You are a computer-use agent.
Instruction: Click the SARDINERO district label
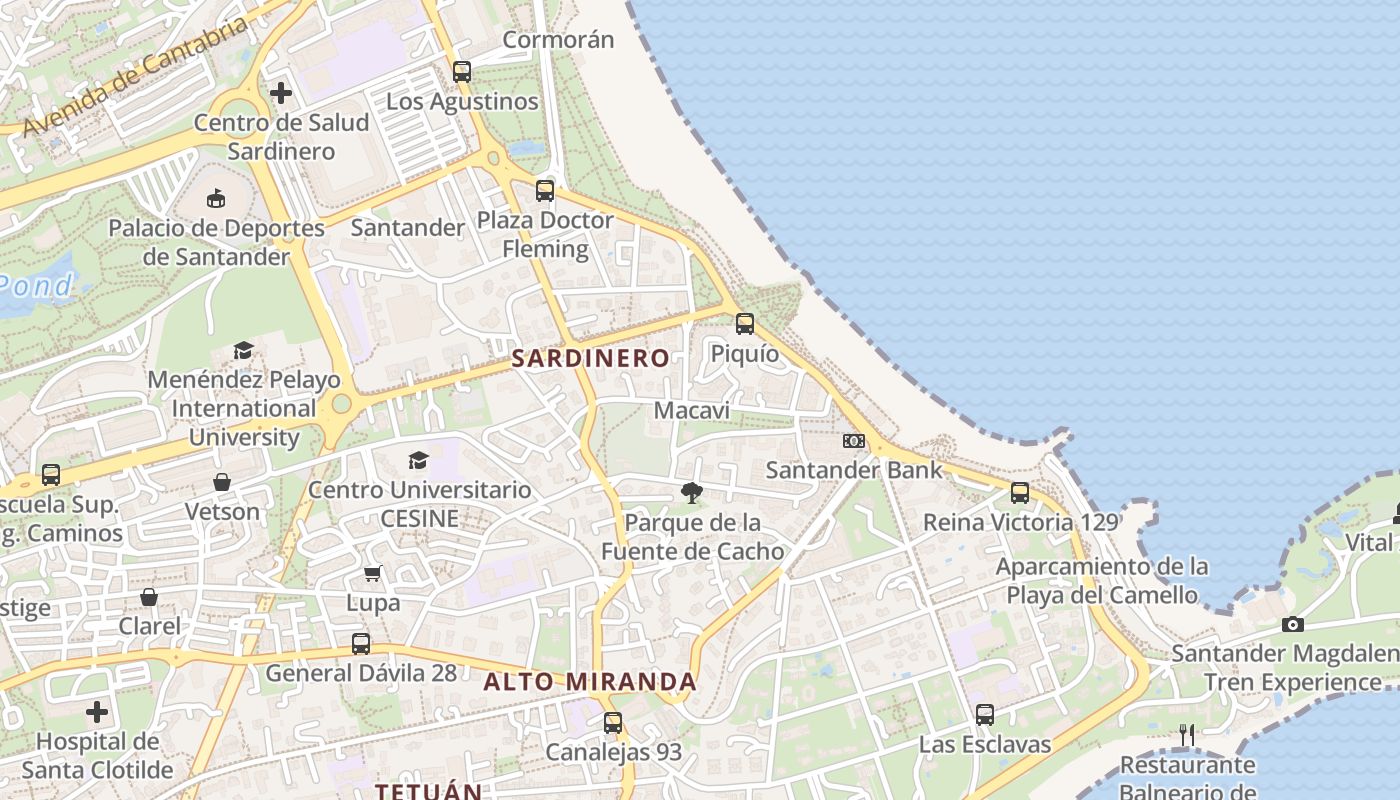(x=590, y=358)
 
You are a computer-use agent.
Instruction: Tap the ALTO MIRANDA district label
(x=590, y=682)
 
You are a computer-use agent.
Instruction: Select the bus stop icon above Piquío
(x=745, y=323)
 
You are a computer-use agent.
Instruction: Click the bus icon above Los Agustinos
(x=461, y=71)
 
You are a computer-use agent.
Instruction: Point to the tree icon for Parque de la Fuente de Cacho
(x=690, y=492)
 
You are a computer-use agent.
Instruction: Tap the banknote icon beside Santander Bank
(x=853, y=440)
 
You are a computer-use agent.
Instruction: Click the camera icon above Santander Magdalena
(x=1293, y=624)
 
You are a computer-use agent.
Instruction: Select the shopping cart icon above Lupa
(x=373, y=574)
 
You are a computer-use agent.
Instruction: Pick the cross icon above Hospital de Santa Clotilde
(x=97, y=712)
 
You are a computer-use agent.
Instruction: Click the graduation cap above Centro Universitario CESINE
(x=418, y=460)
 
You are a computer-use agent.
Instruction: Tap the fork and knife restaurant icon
(x=1187, y=735)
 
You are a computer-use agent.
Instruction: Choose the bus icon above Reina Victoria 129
(x=1020, y=492)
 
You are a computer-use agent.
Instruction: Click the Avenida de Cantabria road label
(x=135, y=77)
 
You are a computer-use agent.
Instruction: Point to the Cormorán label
(x=558, y=40)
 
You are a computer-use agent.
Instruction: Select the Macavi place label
(x=691, y=411)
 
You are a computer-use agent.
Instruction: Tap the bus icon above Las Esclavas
(x=985, y=714)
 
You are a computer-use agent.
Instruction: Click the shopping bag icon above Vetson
(x=222, y=482)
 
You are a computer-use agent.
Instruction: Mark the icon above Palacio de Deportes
(x=216, y=198)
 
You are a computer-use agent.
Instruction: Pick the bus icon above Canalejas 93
(x=613, y=722)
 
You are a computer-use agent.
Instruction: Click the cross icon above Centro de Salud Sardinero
(x=281, y=93)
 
